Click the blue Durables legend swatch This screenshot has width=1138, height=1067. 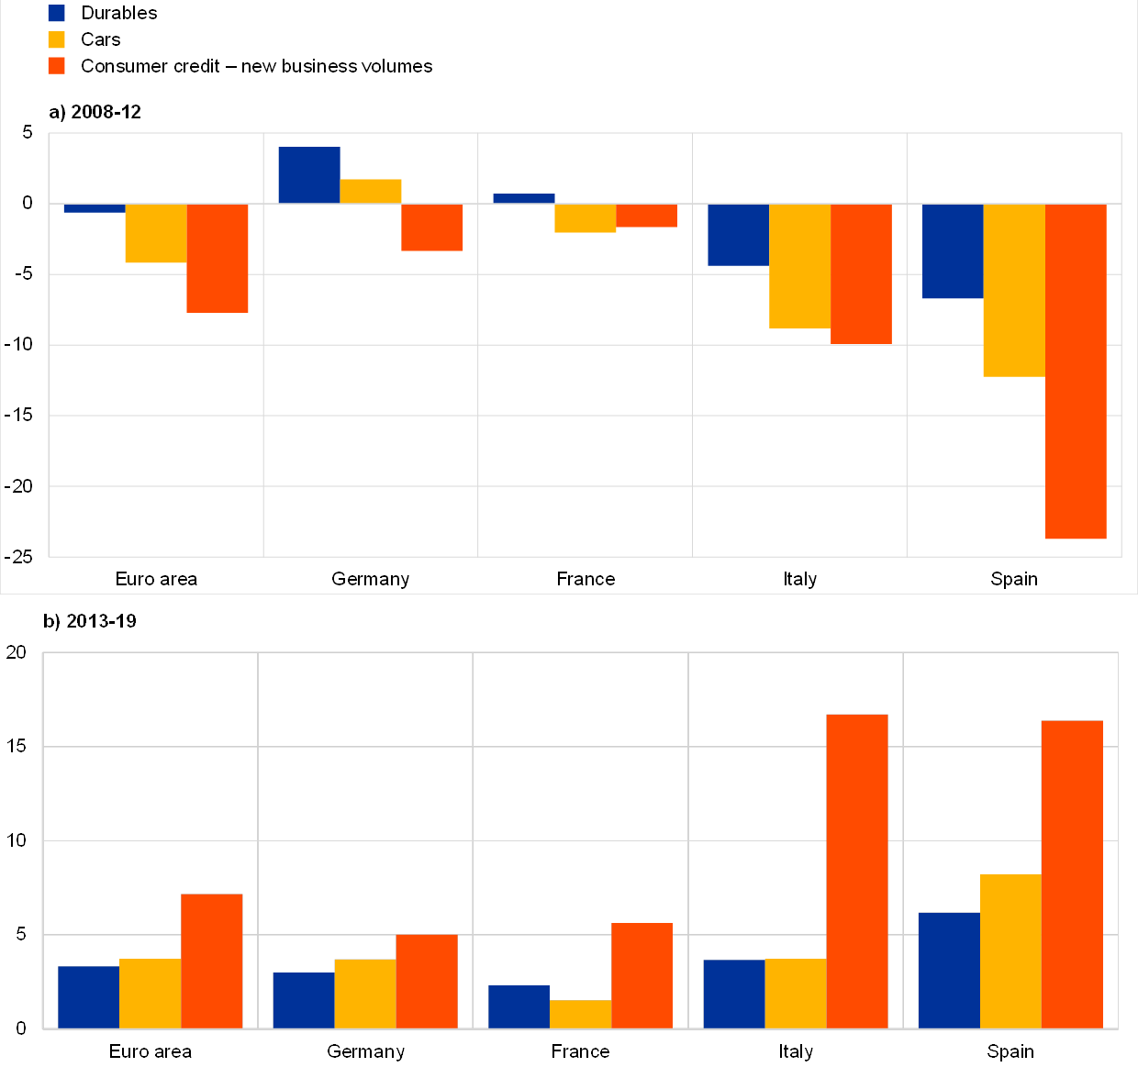(x=57, y=13)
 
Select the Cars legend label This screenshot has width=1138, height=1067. (x=100, y=39)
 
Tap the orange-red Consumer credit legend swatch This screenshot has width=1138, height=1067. (x=57, y=66)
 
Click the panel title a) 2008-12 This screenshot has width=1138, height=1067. (x=95, y=112)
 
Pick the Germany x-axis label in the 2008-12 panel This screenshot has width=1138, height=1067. (x=370, y=579)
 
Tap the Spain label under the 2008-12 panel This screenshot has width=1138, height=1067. (x=1014, y=579)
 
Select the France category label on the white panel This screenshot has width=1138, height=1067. (x=586, y=579)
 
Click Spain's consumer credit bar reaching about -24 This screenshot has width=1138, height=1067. (x=1076, y=371)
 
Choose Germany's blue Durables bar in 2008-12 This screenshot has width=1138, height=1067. (x=309, y=175)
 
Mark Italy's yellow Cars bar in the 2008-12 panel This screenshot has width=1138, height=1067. (x=799, y=266)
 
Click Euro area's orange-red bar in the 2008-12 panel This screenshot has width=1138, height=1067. (x=218, y=259)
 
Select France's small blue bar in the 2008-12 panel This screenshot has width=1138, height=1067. (x=524, y=198)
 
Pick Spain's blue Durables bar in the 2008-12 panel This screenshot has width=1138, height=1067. (x=953, y=251)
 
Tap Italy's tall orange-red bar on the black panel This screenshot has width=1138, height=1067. (x=857, y=871)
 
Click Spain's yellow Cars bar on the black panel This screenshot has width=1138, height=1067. (x=1010, y=951)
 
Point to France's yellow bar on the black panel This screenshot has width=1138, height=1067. (x=580, y=1014)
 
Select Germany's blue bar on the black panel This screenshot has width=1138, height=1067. (x=303, y=1000)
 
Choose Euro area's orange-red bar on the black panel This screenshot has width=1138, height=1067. (x=212, y=961)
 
